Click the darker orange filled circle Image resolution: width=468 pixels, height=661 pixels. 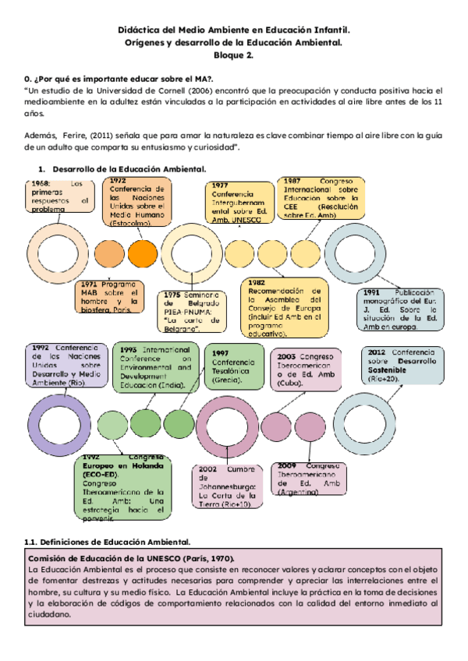(142, 253)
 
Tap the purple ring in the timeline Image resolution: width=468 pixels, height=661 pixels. (52, 424)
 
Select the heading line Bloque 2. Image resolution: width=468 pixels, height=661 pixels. (233, 55)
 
